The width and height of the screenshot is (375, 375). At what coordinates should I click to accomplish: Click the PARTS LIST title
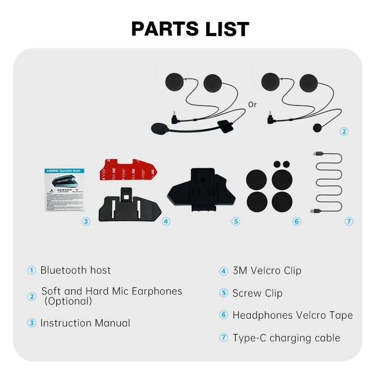(x=190, y=29)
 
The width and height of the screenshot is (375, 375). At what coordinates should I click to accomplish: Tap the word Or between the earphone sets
(x=253, y=105)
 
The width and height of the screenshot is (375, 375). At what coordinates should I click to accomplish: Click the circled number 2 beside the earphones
(x=344, y=132)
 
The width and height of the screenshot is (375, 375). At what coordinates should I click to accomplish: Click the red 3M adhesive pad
(x=127, y=172)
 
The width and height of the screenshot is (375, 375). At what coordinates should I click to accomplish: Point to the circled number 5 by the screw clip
(x=236, y=221)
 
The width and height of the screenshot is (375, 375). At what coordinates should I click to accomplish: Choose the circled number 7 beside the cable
(x=349, y=221)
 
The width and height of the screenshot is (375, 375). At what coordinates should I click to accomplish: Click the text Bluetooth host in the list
(x=75, y=270)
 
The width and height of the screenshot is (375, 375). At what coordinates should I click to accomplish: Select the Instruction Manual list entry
(x=85, y=323)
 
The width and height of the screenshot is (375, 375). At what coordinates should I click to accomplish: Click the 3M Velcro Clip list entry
(x=267, y=270)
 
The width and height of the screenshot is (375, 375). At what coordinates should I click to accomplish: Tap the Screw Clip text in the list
(x=257, y=293)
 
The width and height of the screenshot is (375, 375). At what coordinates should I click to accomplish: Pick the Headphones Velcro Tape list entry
(x=292, y=315)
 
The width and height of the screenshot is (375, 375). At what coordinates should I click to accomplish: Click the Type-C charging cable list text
(x=286, y=337)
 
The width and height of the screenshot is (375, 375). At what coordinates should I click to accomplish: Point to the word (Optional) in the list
(x=68, y=301)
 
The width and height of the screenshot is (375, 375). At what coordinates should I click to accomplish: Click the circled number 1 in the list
(x=31, y=270)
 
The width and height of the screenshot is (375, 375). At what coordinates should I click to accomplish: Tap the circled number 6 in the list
(x=224, y=315)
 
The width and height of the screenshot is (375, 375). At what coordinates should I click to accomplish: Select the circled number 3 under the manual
(x=85, y=221)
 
